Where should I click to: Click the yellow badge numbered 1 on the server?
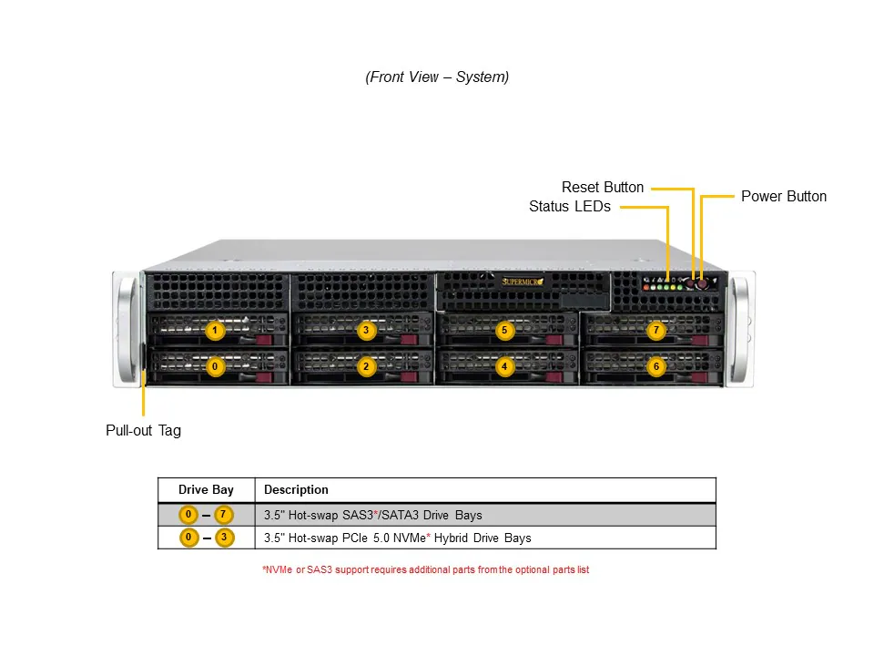tap(214, 331)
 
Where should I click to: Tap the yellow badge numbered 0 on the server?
tap(214, 366)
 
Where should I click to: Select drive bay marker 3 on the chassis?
tap(366, 331)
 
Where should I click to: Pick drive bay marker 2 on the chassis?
tap(366, 366)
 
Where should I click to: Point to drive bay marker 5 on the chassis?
tap(504, 331)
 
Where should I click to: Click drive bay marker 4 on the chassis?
tap(504, 366)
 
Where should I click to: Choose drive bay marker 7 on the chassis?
tap(655, 331)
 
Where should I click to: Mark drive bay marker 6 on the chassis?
tap(655, 366)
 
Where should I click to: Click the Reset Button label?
tap(602, 187)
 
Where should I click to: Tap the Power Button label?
tap(783, 196)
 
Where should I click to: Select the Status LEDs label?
tap(569, 207)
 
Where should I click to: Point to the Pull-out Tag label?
tap(143, 430)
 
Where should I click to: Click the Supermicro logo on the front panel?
tap(523, 282)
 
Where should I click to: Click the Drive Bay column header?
tap(206, 489)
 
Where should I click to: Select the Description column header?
tap(296, 489)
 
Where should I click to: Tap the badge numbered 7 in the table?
tap(224, 515)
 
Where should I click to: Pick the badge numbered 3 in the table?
tap(224, 538)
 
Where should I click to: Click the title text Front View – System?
tap(437, 77)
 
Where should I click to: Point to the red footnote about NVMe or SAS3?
tap(425, 570)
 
